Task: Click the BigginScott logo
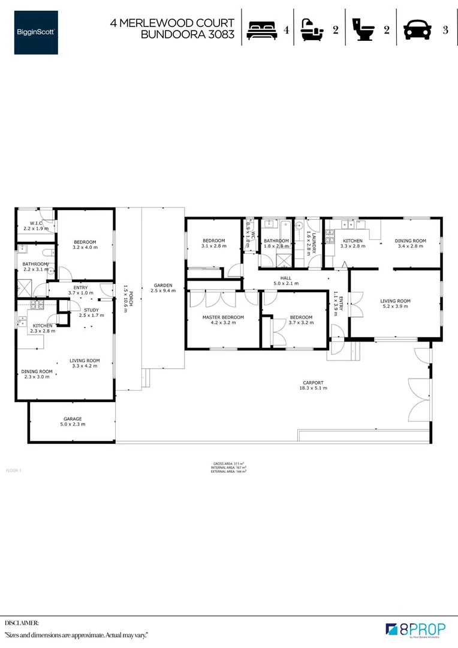[x=37, y=32]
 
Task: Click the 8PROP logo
[x=415, y=629]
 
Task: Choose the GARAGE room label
[x=73, y=419]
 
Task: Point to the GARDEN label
[x=162, y=285]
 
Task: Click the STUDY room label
[x=91, y=310]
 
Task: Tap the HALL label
[x=286, y=278]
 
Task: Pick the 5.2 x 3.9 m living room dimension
[x=395, y=307]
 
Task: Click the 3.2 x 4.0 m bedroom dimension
[x=85, y=247]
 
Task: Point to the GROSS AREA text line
[x=228, y=464]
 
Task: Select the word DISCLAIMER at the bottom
[x=22, y=623]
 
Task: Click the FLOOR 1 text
[x=13, y=470]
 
